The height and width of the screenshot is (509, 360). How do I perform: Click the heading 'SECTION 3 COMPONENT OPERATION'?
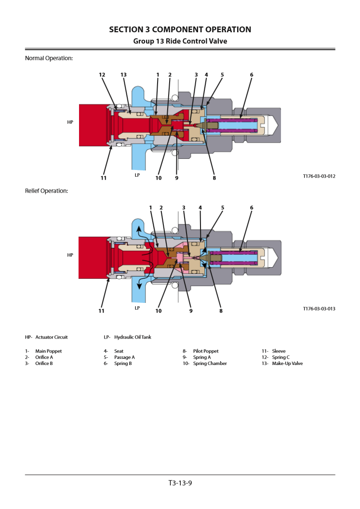tap(180, 29)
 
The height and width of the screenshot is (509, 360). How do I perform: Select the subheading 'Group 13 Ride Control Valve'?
tap(180, 41)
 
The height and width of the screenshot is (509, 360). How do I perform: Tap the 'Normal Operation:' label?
tap(49, 58)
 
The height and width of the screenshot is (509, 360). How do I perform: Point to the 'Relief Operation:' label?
tap(46, 191)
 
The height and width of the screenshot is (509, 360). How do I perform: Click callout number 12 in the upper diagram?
tap(102, 75)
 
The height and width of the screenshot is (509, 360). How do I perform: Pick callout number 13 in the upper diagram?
tap(123, 75)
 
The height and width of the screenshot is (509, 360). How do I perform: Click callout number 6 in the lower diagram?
tap(252, 208)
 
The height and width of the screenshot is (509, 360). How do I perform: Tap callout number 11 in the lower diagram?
tap(101, 311)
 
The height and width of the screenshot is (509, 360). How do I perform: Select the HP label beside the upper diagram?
tap(70, 122)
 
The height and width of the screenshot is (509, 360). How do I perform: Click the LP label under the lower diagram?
tap(137, 308)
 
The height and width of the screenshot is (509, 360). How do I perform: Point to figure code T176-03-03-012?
tap(319, 176)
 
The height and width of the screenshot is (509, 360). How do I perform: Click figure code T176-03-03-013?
tap(319, 309)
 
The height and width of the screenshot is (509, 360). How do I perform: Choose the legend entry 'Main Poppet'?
tap(48, 351)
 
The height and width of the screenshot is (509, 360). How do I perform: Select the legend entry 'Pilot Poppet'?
tap(206, 351)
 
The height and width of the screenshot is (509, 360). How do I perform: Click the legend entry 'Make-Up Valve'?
tap(287, 364)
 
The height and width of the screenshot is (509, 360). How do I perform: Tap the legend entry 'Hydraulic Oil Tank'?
tap(133, 337)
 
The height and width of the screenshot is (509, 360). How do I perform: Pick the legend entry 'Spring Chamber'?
tap(210, 364)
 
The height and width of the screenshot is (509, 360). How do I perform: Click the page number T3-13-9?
tap(180, 483)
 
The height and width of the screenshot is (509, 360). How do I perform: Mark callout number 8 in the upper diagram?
tap(214, 178)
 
